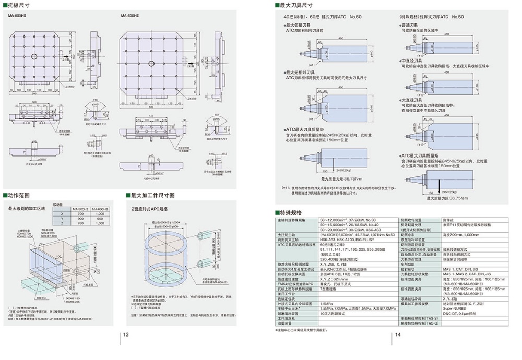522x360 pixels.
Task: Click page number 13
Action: pyautogui.click(x=126, y=334)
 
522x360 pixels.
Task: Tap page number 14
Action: pyautogui.click(x=397, y=334)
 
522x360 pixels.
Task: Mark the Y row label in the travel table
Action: pyautogui.click(x=62, y=219)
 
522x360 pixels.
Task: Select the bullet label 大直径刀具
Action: pyautogui.click(x=412, y=99)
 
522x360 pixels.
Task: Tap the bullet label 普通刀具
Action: pyautogui.click(x=411, y=25)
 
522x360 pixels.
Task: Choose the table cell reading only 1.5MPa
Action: pyautogui.click(x=327, y=303)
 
